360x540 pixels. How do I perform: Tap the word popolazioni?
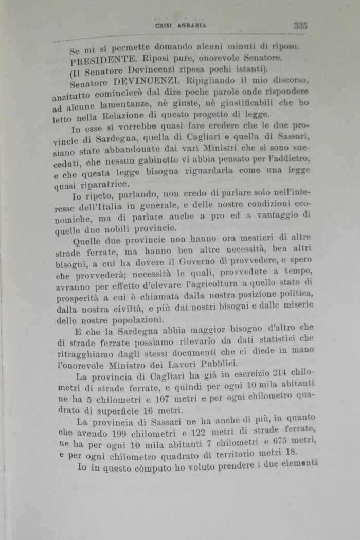[x=137, y=319]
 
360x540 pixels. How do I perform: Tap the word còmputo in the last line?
[x=150, y=469]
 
